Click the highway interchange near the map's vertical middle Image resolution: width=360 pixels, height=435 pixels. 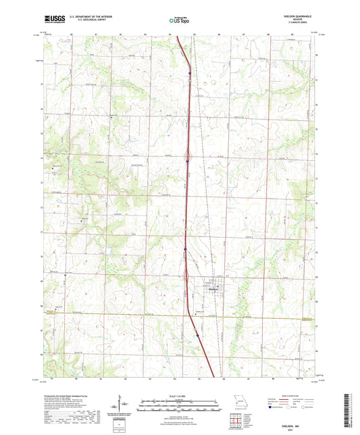click(x=187, y=160)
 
